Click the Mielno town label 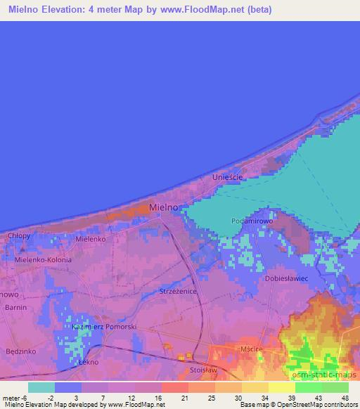pyautogui.click(x=163, y=207)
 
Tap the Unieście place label pyautogui.click(x=227, y=178)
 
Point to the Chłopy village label pyautogui.click(x=19, y=235)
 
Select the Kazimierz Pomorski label pyautogui.click(x=103, y=327)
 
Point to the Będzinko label pyautogui.click(x=19, y=350)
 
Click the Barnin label pyautogui.click(x=15, y=308)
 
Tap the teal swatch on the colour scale pyautogui.click(x=41, y=387)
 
